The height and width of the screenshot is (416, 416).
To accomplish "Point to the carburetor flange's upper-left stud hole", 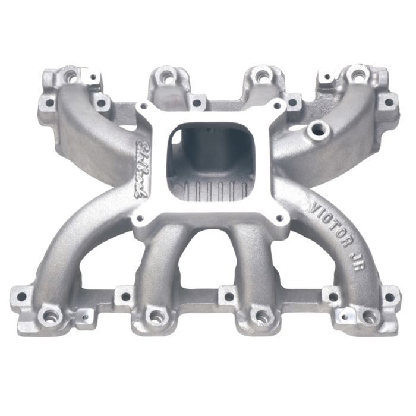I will tap(144, 108).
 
